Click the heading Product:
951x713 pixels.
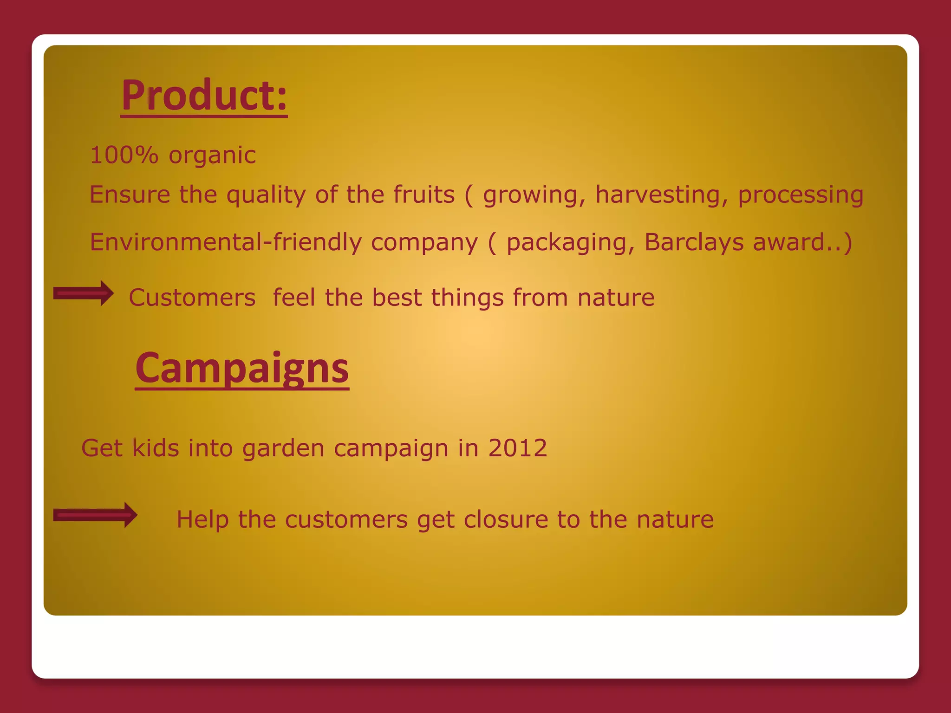pos(204,96)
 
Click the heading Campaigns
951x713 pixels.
pos(242,368)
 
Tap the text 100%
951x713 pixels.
pos(124,155)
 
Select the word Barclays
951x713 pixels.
pos(694,242)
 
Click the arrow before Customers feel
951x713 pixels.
pos(84,293)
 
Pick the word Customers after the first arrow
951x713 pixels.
pos(192,298)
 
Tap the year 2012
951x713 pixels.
pos(518,448)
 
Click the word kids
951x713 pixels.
pos(156,448)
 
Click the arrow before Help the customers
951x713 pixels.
pos(95,515)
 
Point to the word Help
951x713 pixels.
pos(202,519)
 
